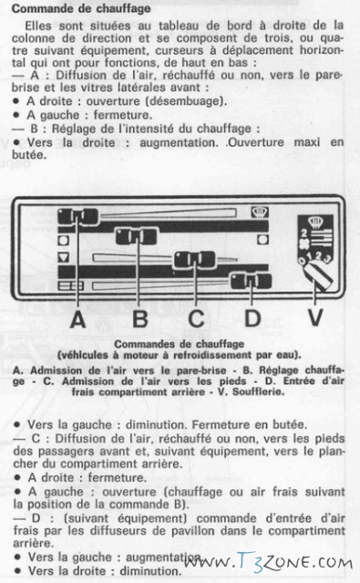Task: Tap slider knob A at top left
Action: (x=78, y=216)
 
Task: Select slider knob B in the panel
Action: (x=136, y=236)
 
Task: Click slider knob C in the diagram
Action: (x=195, y=259)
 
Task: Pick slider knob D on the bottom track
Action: (x=251, y=281)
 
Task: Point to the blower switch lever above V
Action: (x=318, y=278)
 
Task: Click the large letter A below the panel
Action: (x=77, y=319)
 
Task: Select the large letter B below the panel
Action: (x=139, y=319)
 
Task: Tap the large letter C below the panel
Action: (x=196, y=319)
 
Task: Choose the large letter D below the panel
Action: (x=252, y=319)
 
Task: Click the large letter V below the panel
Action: (x=314, y=318)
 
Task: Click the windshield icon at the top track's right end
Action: (x=260, y=212)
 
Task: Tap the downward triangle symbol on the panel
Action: (x=64, y=257)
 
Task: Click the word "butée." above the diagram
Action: (x=29, y=155)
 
